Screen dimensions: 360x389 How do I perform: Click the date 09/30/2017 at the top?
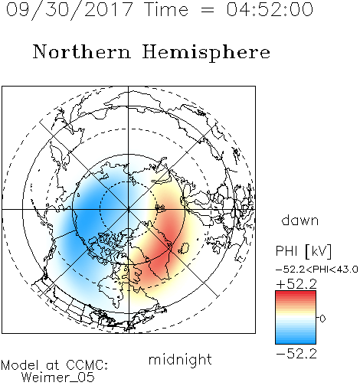70,10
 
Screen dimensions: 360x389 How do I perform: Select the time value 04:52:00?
270,9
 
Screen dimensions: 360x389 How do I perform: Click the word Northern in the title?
82,52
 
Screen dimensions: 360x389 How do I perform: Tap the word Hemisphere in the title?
206,53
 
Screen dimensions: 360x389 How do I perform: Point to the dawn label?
300,220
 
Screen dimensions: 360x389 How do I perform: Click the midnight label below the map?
180,360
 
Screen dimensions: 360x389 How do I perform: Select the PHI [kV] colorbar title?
303,251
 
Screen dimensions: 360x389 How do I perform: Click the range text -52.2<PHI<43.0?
316,270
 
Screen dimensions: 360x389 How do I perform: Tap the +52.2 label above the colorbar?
296,284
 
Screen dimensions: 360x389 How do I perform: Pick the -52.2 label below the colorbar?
296,354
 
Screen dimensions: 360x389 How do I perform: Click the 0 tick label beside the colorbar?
322,319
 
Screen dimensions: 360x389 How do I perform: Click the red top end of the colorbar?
296,293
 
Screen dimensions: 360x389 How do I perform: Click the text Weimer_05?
58,378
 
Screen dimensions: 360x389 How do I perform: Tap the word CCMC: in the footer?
87,365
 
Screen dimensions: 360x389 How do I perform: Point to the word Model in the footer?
20,365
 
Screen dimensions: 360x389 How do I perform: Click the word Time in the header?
166,9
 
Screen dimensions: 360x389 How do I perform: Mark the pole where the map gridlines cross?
129,210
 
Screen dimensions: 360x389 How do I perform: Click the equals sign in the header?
208,10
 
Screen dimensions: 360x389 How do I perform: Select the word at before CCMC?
53,366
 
